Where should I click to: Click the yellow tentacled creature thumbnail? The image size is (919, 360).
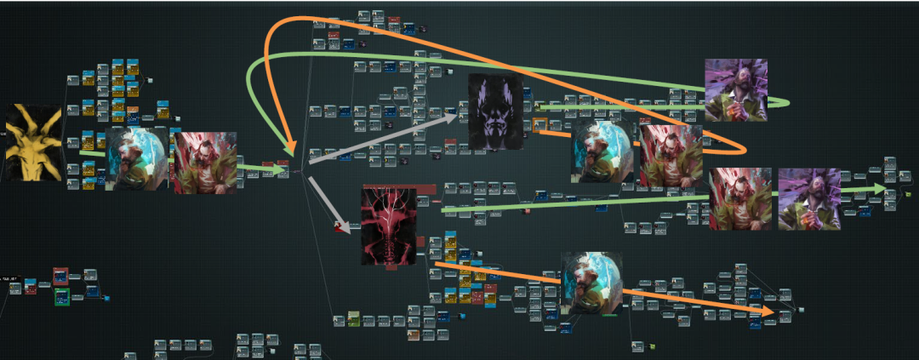tap(33, 142)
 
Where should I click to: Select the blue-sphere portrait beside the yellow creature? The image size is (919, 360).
tap(136, 159)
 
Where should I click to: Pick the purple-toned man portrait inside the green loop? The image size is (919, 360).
tap(736, 89)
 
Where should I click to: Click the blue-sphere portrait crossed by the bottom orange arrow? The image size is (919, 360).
tap(591, 283)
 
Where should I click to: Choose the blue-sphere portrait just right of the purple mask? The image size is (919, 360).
tap(602, 150)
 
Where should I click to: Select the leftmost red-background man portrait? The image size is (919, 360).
tap(205, 163)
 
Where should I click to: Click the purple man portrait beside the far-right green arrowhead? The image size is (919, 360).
tap(808, 198)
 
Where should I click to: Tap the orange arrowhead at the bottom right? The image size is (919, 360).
tap(770, 312)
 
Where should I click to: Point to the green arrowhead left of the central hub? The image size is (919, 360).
tap(280, 169)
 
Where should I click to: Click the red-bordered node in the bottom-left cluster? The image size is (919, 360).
tap(60, 277)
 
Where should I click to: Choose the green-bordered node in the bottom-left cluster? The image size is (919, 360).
tap(61, 296)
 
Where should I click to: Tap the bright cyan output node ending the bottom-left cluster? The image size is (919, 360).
tap(106, 298)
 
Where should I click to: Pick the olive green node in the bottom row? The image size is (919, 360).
tap(354, 319)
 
